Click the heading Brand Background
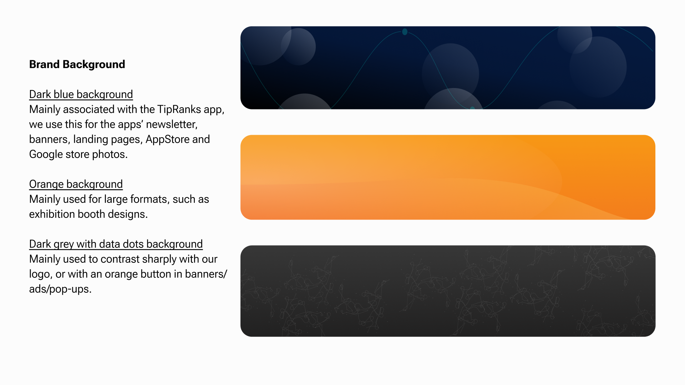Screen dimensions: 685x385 coord(77,65)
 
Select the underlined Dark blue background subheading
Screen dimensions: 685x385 coord(81,94)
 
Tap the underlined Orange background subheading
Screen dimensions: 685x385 coord(76,184)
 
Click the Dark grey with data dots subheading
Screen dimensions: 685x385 coord(116,244)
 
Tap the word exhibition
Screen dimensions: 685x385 coord(52,214)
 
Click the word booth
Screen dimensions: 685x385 coord(91,214)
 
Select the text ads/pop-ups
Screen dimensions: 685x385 coord(60,289)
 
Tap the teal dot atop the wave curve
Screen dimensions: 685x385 coord(405,32)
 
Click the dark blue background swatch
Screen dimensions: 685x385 coord(448,68)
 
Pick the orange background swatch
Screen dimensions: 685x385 coord(448,177)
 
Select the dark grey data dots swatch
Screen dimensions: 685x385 coord(448,291)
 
